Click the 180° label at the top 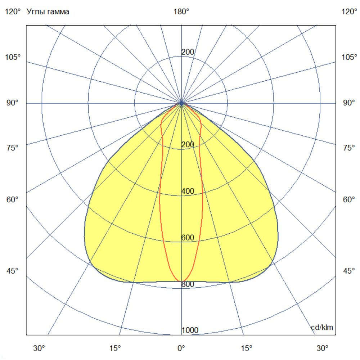pos(181,12)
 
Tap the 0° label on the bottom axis pos(181,348)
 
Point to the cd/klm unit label pos(322,327)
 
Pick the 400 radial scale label pos(188,191)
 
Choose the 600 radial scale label pos(188,238)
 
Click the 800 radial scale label pos(188,284)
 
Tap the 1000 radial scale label pos(190,330)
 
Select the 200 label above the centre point pos(188,52)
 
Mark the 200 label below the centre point pos(188,145)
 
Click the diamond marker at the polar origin pos(181,103)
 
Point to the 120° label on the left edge pos(13,12)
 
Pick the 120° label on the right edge pos(349,12)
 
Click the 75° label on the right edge pos(349,148)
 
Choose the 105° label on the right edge pos(349,57)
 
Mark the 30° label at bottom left pos(39,348)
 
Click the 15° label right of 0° pos(247,348)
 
